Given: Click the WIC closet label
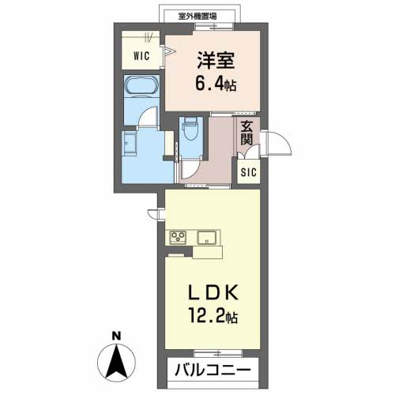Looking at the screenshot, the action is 141,56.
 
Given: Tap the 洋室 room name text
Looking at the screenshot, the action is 216,60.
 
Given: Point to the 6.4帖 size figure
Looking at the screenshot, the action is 216,83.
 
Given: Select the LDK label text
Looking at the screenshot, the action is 213,292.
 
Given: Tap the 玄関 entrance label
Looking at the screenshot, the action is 246,134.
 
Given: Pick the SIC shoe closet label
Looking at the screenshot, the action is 249,172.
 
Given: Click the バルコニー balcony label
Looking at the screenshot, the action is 213,371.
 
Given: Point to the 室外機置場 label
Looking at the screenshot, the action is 197,17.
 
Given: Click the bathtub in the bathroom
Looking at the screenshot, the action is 141,85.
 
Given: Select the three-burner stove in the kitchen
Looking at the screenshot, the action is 178,235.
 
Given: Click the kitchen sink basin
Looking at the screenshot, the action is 207,237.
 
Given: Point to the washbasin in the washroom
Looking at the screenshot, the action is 129,143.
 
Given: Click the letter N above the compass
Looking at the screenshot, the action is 116,336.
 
